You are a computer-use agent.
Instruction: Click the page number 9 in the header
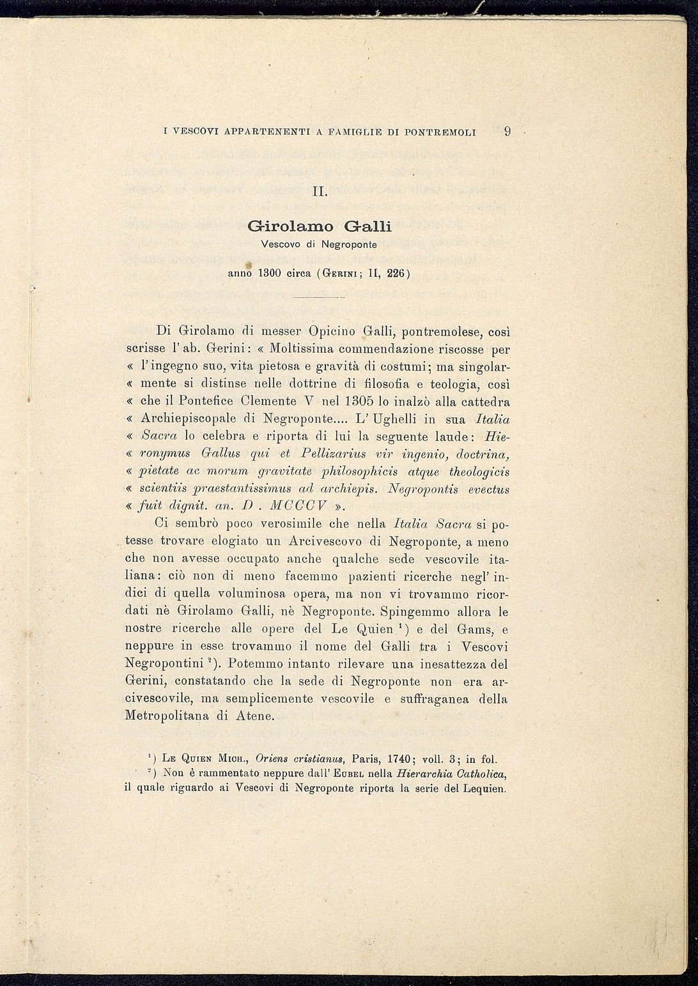click(507, 132)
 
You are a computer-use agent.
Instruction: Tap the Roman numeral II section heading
click(320, 191)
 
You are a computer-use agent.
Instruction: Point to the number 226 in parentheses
click(398, 273)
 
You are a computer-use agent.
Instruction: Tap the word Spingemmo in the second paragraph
click(421, 612)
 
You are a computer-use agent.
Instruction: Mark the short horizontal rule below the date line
click(320, 298)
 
